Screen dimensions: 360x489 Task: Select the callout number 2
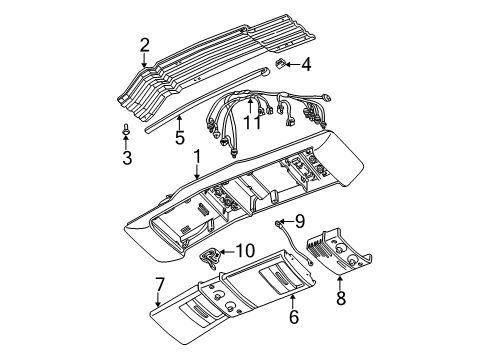tap(144, 44)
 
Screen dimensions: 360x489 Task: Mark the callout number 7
tap(159, 287)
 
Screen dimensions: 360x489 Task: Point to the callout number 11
tap(254, 122)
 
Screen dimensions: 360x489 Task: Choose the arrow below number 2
tap(144, 61)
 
